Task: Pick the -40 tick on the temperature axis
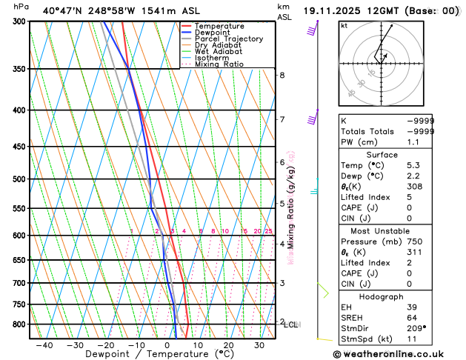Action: tap(44, 344)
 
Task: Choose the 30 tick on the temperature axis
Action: tap(259, 344)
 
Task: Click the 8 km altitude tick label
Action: tap(282, 76)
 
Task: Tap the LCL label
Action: tap(291, 324)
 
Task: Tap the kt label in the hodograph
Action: tap(344, 26)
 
